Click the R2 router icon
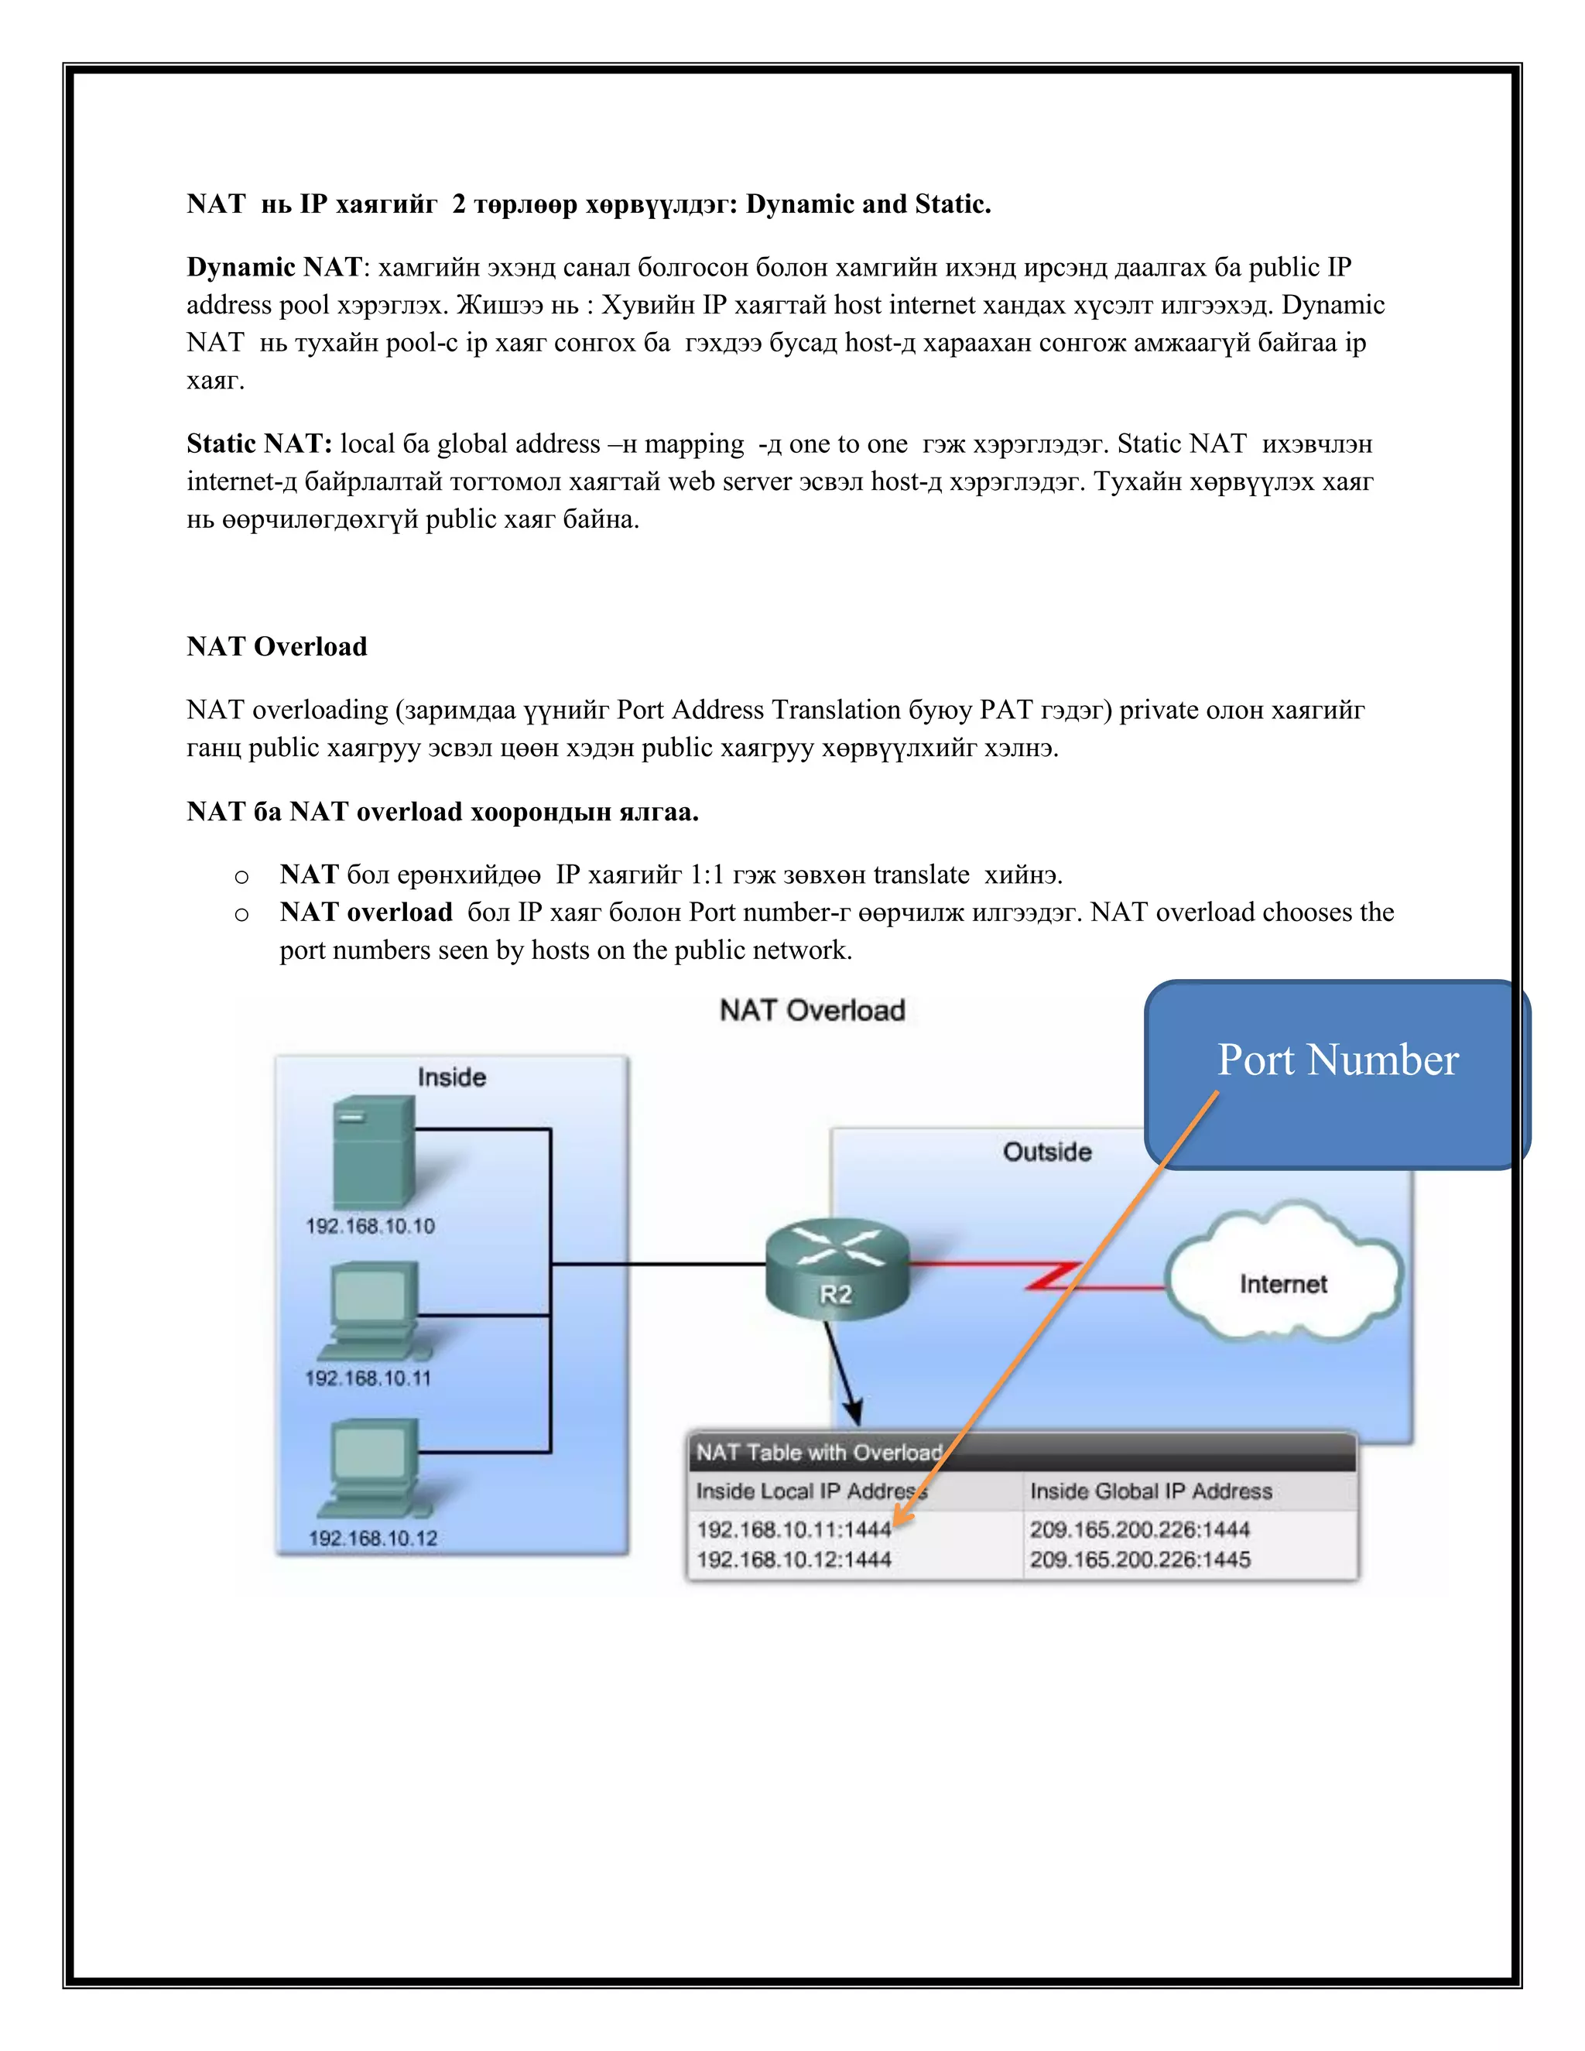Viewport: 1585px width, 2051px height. click(837, 1269)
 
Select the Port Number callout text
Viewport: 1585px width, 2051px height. click(1337, 1060)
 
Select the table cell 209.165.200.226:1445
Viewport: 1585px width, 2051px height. click(1139, 1560)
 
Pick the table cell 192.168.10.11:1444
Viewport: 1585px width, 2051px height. click(793, 1530)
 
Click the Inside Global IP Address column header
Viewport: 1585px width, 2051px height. click(1150, 1491)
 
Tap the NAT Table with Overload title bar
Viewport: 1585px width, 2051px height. click(1022, 1453)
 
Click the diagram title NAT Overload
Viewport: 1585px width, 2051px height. click(812, 1011)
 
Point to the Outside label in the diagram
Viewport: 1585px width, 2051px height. click(1047, 1152)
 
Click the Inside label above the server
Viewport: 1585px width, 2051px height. click(452, 1077)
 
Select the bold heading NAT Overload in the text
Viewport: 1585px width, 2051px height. click(277, 647)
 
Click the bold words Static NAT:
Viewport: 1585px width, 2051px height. click(259, 444)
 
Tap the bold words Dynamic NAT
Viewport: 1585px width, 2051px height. click(274, 268)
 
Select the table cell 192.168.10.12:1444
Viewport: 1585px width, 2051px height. click(793, 1560)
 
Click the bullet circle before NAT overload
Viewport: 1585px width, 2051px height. click(242, 915)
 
